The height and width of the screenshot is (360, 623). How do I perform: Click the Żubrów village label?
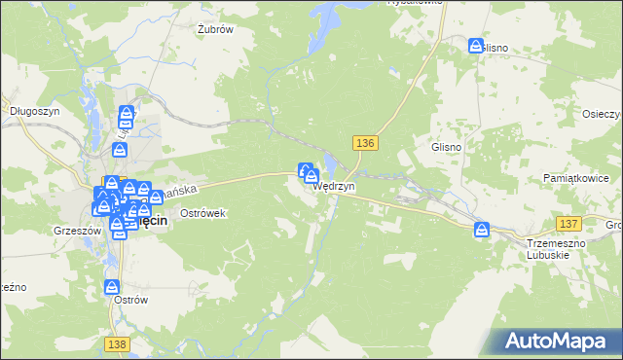(215, 29)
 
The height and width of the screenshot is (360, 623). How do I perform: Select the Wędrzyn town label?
(335, 185)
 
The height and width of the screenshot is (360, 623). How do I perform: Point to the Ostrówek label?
(203, 213)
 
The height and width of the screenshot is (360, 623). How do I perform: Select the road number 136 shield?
(365, 143)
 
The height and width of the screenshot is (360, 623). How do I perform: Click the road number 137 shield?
(568, 224)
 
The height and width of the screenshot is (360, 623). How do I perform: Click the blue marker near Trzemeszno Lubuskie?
(482, 230)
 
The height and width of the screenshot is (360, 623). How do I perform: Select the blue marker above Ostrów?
(112, 287)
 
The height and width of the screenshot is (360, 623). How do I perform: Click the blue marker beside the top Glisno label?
(476, 46)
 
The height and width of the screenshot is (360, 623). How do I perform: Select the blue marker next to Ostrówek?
(156, 198)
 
